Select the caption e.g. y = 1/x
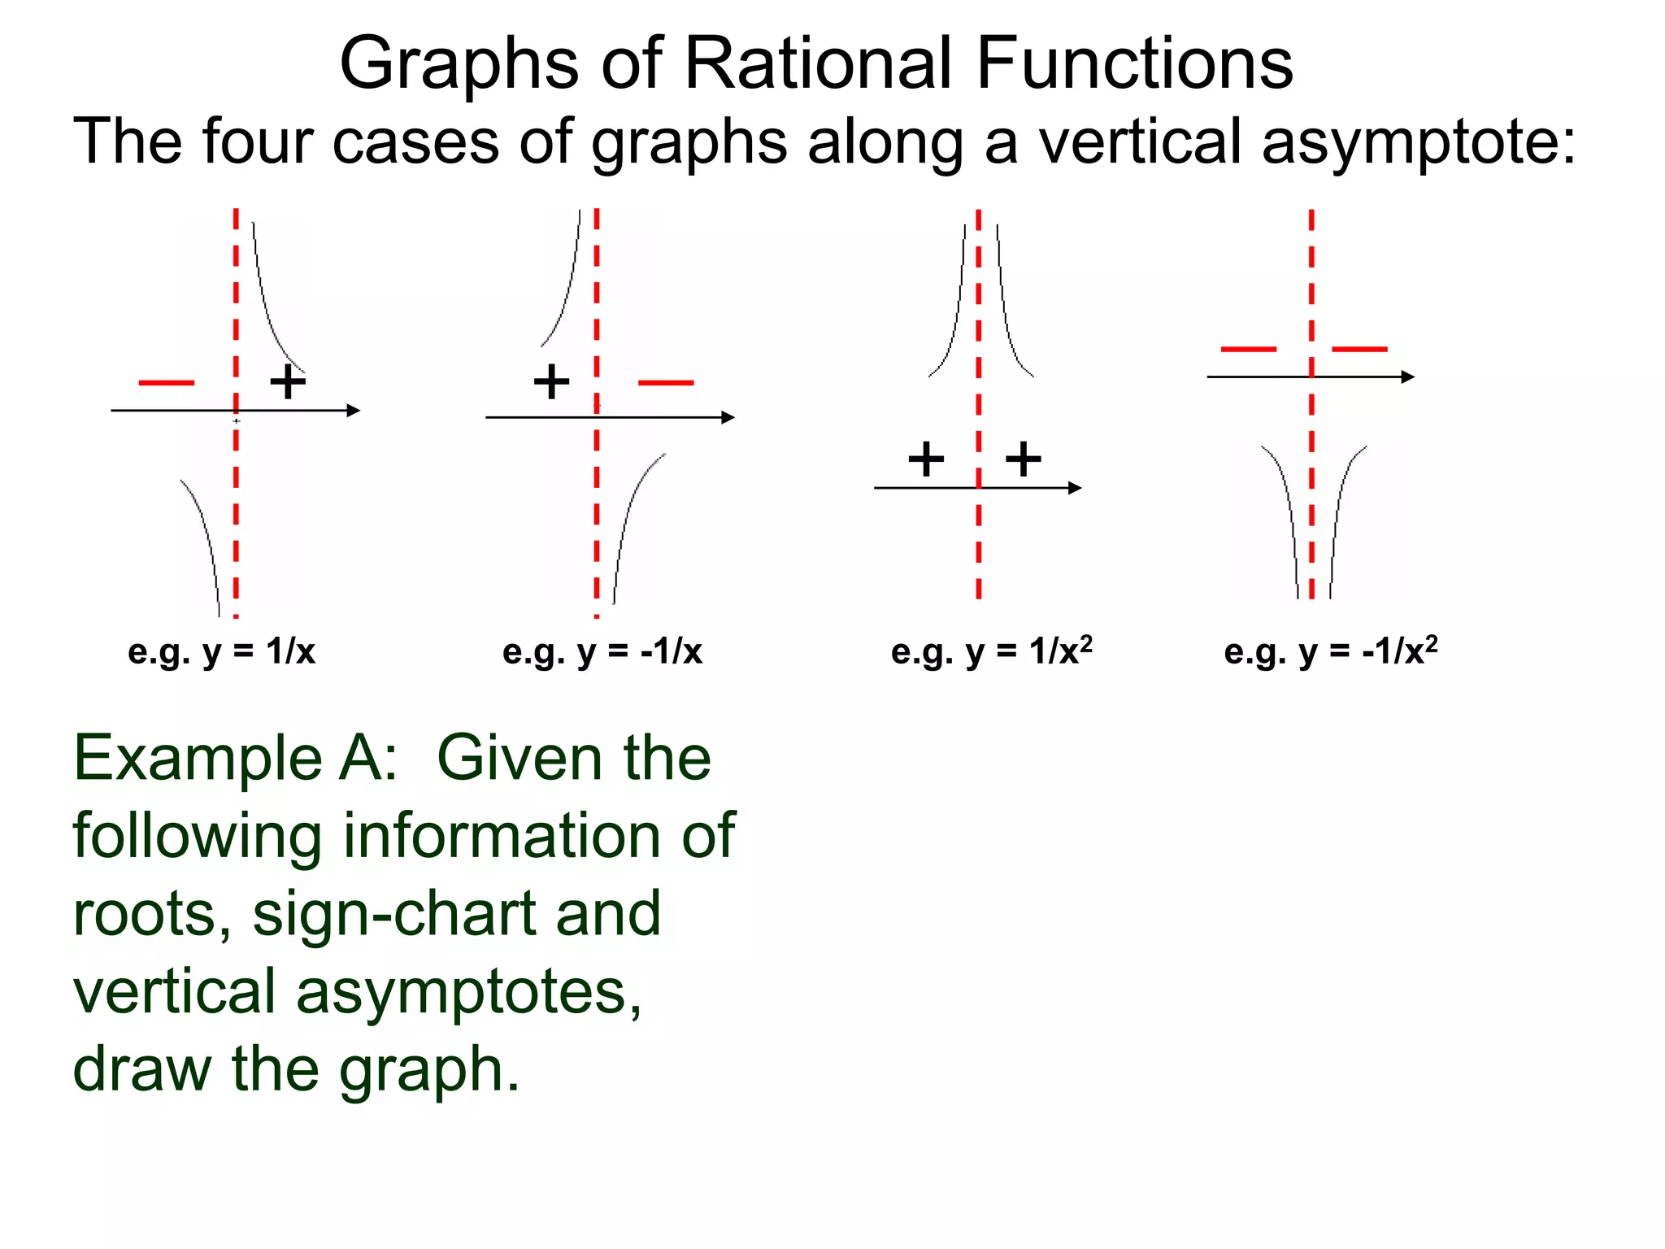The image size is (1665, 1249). [x=221, y=651]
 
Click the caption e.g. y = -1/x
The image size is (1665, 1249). [x=602, y=651]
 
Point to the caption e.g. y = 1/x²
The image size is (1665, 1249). [x=991, y=651]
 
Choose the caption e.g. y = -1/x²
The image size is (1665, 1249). [x=1331, y=651]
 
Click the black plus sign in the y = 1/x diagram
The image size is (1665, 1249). [x=288, y=381]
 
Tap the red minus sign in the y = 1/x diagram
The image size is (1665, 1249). [x=167, y=382]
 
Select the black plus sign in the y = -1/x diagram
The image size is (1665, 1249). [x=551, y=381]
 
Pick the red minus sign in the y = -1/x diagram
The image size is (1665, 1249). [x=666, y=382]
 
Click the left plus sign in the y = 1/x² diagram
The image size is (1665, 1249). [x=926, y=459]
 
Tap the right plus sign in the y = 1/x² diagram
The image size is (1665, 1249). [x=1023, y=459]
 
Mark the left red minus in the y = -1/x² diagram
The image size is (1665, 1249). [x=1249, y=349]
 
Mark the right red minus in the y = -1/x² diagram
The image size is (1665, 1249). [x=1359, y=349]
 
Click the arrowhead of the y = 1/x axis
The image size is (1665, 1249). [x=354, y=411]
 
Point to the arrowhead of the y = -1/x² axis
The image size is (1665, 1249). [x=1408, y=376]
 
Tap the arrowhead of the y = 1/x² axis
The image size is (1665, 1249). [x=1075, y=488]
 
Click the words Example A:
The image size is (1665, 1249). [x=236, y=758]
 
